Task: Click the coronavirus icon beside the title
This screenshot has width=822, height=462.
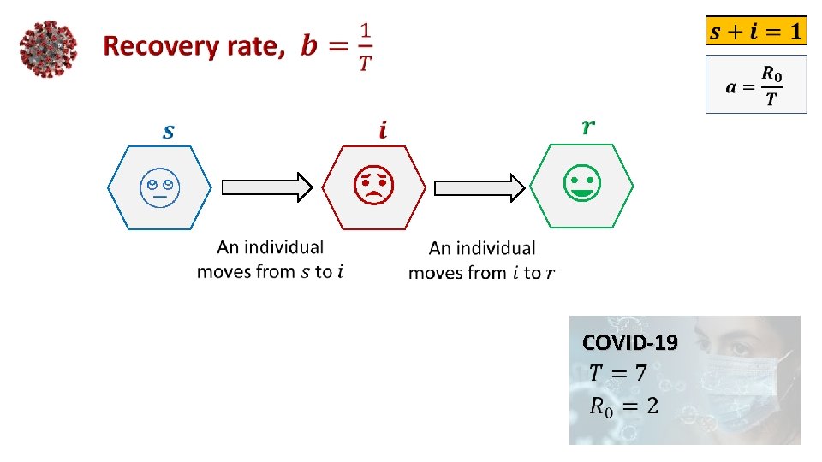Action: pos(48,48)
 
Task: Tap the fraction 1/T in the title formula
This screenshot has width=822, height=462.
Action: pos(365,48)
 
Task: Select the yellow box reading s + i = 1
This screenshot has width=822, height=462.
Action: pos(755,33)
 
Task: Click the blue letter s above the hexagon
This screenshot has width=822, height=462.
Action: pos(169,131)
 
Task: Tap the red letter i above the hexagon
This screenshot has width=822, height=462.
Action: pos(382,130)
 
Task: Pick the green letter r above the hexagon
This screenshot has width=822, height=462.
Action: pos(588,127)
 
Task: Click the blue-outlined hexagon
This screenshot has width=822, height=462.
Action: pos(158,187)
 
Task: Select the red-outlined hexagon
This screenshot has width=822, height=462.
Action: pos(374,187)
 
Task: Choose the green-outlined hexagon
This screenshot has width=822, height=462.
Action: pos(582,187)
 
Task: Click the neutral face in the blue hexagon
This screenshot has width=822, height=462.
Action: pos(158,187)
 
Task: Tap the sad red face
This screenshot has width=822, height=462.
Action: pos(374,186)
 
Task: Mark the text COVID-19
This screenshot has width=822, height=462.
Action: pos(629,343)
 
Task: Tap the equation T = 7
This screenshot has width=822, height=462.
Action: pos(617,373)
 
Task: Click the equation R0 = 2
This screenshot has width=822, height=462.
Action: pos(623,406)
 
